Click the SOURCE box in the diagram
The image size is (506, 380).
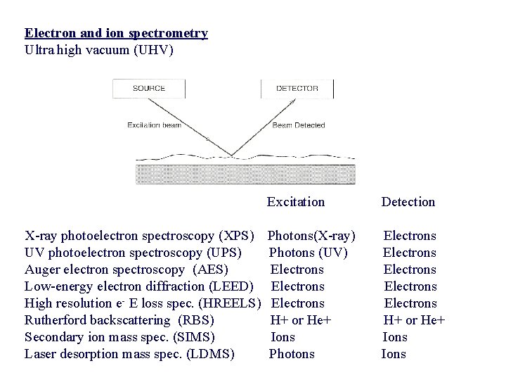point(149,89)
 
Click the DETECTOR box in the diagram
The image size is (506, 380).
point(297,89)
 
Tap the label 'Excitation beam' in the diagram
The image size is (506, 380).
point(154,125)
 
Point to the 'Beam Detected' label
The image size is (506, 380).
point(299,125)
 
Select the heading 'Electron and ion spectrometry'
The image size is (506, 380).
point(116,33)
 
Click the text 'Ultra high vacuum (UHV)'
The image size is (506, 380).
point(98,50)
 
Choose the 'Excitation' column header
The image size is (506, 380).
point(296,202)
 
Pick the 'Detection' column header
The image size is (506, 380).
point(408,202)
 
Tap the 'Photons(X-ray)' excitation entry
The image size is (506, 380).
point(312,236)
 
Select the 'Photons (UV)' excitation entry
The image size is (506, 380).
point(308,253)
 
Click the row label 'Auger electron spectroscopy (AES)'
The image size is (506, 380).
point(126,270)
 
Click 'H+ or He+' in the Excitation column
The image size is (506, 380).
point(301,320)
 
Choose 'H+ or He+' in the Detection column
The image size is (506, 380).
point(414,320)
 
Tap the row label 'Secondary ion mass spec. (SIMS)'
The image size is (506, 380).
point(119,337)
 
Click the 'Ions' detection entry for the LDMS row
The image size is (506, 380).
point(394,354)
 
